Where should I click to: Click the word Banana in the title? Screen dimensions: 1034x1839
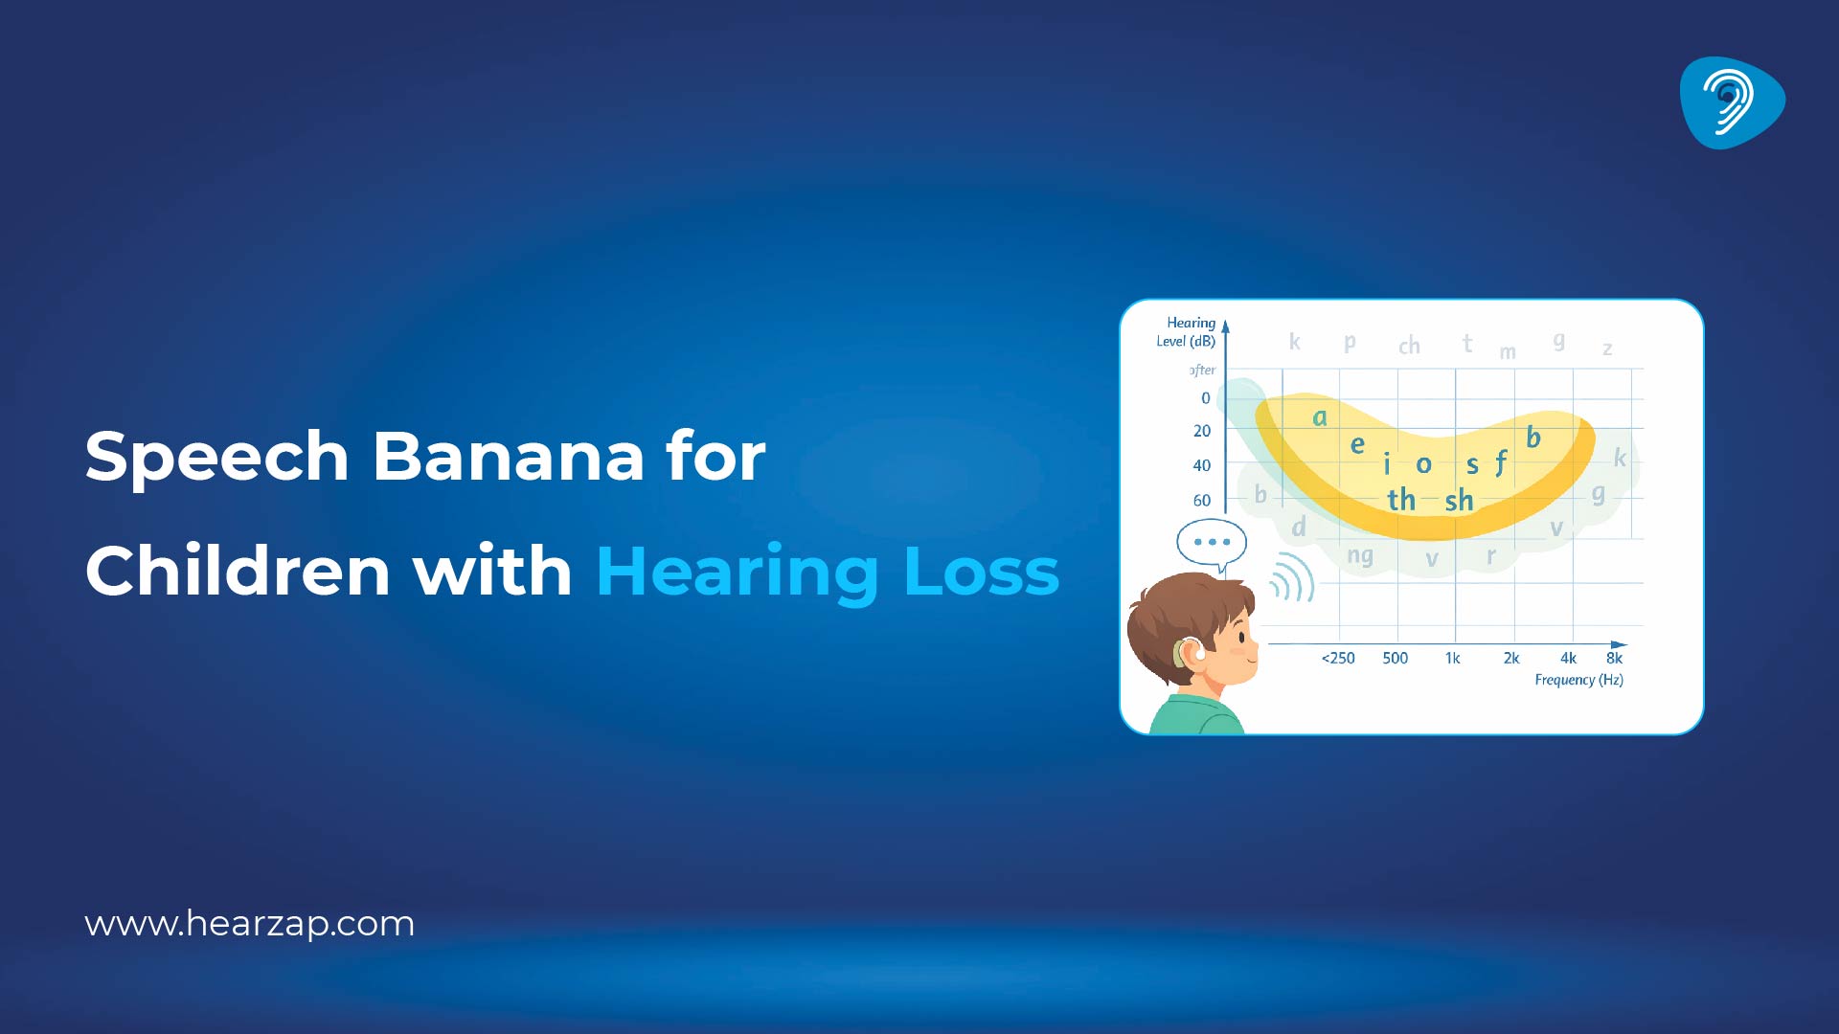pos(508,456)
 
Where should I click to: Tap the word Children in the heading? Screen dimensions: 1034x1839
pos(238,572)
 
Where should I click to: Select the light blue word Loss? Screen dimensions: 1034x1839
pos(981,572)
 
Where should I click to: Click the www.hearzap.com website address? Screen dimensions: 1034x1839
pos(250,924)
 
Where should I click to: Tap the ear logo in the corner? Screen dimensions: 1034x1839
pos(1732,102)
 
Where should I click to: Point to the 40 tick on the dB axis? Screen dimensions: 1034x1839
pos(1202,465)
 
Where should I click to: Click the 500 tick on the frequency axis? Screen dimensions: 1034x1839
pos(1396,658)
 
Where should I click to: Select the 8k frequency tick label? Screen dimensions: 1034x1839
pos(1615,658)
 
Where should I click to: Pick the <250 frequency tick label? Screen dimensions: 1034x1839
pos(1338,658)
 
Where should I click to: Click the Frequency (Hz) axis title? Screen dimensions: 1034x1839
pos(1578,680)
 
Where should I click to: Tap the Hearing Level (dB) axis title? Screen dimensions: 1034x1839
pos(1188,331)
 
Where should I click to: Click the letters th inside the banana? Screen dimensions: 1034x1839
pos(1401,499)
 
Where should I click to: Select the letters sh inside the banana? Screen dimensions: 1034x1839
pos(1459,500)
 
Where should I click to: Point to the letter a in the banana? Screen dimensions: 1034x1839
pos(1320,416)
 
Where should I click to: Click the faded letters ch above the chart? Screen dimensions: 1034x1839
pos(1409,346)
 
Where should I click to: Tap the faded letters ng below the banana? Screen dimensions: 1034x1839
pos(1360,555)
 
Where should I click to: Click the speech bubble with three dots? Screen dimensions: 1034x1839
pos(1212,543)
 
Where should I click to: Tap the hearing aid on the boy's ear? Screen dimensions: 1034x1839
pos(1184,653)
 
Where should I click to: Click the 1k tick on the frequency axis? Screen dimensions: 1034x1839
pos(1453,658)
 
